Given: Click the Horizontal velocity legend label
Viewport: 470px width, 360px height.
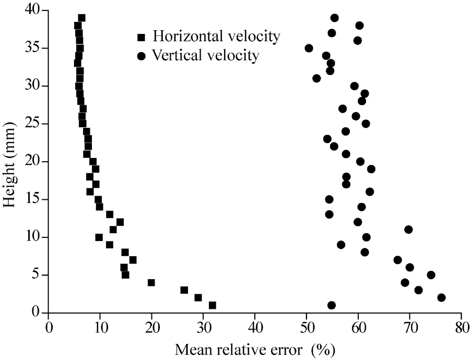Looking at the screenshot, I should tap(216, 37).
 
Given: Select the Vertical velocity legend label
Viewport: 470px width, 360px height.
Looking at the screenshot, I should tap(205, 55).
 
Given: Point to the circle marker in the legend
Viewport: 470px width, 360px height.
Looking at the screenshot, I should tap(140, 55).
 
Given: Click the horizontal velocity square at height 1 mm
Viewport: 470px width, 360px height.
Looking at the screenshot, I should tap(212, 305).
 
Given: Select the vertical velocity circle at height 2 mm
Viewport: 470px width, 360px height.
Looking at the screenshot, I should tap(441, 297).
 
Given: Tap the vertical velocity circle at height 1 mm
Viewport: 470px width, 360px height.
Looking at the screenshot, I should tap(331, 305).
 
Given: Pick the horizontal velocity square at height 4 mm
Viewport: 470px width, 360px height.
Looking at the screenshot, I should tap(151, 283).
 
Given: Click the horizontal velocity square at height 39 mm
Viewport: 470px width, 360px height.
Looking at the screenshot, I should tap(81, 18).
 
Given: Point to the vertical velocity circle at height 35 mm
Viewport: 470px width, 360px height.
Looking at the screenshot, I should tap(309, 48).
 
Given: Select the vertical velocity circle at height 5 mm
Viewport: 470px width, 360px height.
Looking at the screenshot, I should tap(431, 275).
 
